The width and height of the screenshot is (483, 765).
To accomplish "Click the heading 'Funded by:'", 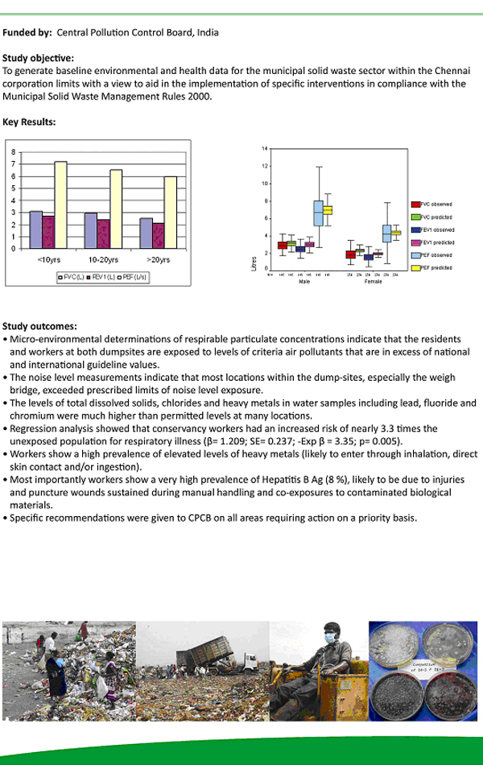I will tap(27, 32).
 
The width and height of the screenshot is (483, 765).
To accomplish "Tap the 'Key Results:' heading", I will tap(29, 122).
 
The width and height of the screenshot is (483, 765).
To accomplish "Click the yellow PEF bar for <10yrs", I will tap(60, 205).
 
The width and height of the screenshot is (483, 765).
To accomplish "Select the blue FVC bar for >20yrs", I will tap(146, 233).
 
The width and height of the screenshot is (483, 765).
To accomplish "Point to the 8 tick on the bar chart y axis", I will tap(13, 151).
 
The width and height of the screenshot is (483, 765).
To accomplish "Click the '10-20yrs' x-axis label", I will tap(104, 260).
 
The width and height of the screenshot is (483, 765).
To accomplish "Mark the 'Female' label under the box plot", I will tap(373, 282).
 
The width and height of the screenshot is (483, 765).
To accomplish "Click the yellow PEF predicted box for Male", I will tap(327, 210).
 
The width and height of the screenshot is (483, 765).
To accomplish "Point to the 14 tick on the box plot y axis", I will tap(264, 149).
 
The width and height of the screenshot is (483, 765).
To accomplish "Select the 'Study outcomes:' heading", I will tap(39, 326).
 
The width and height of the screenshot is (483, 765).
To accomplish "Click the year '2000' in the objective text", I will tap(200, 97).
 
